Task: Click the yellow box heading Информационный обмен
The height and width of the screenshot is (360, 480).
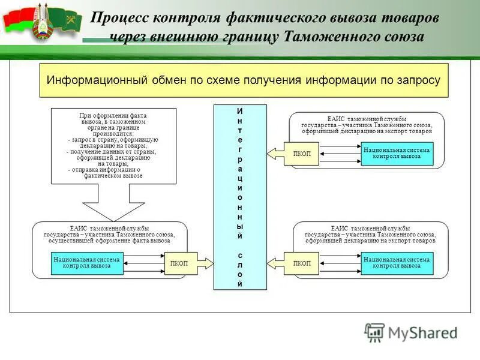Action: pos(244,80)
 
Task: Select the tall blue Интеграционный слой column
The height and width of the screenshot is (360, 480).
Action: pos(240,197)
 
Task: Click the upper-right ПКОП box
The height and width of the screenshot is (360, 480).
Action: pos(302,154)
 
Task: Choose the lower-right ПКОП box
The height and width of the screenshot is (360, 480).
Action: pos(302,263)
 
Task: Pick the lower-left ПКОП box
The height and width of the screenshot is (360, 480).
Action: pos(179,263)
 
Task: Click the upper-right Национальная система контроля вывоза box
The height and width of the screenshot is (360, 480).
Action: pos(397,154)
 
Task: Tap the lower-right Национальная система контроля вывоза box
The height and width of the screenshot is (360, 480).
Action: pos(397,263)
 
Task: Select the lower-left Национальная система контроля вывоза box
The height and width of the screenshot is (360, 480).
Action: pos(87,263)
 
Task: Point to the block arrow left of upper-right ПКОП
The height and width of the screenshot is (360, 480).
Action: pos(275,154)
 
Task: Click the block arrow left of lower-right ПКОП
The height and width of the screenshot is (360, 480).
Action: pos(275,263)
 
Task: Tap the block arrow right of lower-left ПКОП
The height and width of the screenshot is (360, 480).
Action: pos(205,263)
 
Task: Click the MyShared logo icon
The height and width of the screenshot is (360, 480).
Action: pos(374,332)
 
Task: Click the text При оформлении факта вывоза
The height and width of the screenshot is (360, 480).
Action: pos(113,118)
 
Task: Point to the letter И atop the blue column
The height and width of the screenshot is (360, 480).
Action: pos(240,111)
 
